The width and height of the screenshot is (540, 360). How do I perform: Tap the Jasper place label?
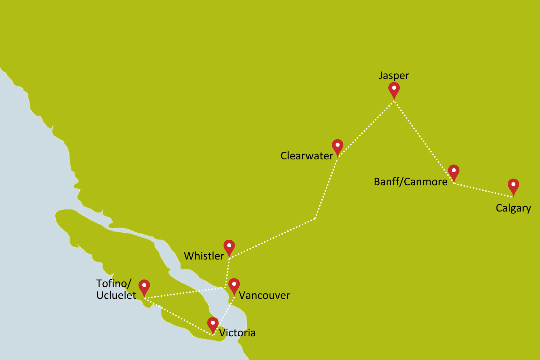tap(394, 76)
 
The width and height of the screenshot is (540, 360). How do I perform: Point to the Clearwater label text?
tap(307, 156)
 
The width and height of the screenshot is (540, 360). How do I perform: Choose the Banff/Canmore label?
tap(410, 182)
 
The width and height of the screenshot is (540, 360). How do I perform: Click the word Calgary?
tap(513, 208)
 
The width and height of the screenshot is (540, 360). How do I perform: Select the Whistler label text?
tap(204, 256)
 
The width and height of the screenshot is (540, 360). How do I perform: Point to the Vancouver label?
tap(264, 295)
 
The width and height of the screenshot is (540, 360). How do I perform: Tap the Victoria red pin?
tap(213, 324)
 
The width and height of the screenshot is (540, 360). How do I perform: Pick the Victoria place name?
tap(237, 333)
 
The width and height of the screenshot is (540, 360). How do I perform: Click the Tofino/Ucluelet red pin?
tap(144, 286)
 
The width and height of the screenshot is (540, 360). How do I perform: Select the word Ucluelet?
tap(116, 295)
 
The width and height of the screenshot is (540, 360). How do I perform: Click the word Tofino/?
tap(114, 284)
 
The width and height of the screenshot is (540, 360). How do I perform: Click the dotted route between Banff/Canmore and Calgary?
tap(483, 190)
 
